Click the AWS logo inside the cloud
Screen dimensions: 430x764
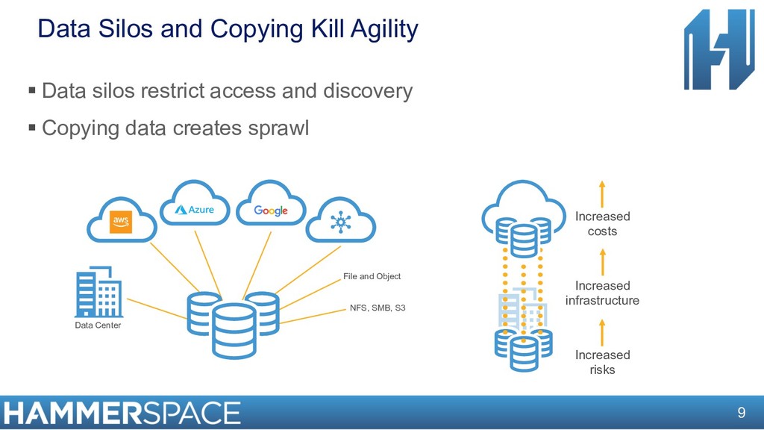click(x=121, y=221)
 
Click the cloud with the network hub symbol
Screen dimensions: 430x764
click(x=341, y=222)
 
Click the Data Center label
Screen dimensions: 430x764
click(x=98, y=325)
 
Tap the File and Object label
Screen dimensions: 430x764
click(x=372, y=276)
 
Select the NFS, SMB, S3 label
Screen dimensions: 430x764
click(x=378, y=308)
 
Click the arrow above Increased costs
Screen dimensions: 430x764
click(x=602, y=193)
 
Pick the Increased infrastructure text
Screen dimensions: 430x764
click(x=602, y=293)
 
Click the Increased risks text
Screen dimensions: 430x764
click(x=602, y=362)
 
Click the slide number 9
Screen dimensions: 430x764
click(x=741, y=413)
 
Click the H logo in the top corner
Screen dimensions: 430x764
click(x=718, y=49)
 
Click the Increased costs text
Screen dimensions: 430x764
click(x=602, y=224)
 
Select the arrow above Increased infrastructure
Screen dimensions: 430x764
click(x=602, y=261)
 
